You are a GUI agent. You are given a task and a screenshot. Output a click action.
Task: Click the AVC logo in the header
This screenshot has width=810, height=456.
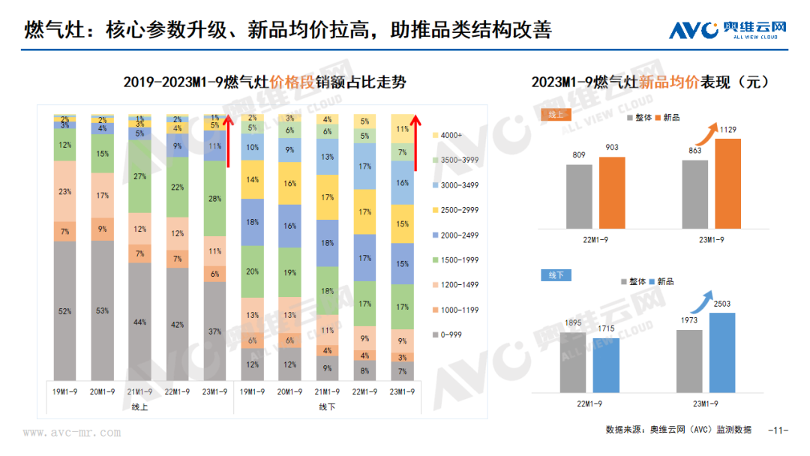[x=728, y=29]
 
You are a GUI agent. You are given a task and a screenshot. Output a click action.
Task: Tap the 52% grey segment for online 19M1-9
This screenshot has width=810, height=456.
[x=65, y=311]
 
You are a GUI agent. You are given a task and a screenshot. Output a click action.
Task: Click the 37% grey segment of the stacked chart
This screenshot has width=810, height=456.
[x=215, y=331]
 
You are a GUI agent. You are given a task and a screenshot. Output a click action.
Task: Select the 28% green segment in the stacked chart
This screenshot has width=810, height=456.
[x=215, y=198]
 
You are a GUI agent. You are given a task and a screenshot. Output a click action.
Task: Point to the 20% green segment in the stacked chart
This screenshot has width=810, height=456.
[x=253, y=271]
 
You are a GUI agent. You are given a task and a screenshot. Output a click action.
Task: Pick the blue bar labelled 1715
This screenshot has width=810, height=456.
[x=606, y=365]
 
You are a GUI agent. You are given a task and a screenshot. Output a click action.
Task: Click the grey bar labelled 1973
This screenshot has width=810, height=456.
[x=689, y=361]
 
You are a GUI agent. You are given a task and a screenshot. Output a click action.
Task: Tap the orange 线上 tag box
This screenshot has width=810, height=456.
[x=556, y=115]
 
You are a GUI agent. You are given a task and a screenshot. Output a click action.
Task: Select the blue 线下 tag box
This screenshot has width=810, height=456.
[x=556, y=275]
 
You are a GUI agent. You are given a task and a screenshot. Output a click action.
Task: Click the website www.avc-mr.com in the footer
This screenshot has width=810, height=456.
[x=72, y=433]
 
